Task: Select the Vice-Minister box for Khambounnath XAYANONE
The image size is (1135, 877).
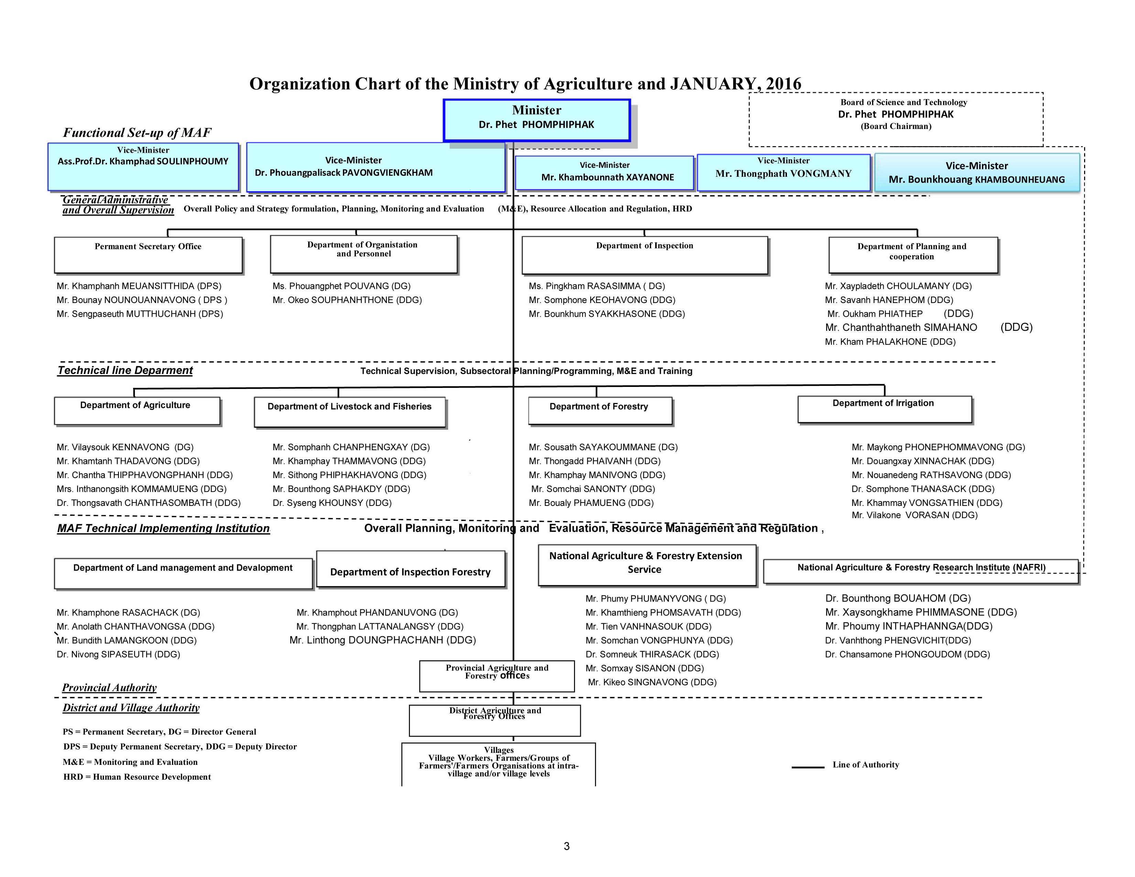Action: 604,173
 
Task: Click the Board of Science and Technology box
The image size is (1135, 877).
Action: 896,119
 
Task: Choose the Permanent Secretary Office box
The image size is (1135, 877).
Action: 148,255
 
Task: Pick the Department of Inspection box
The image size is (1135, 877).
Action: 645,255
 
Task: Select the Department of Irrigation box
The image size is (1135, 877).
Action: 884,409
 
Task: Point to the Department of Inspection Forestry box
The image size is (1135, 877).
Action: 411,570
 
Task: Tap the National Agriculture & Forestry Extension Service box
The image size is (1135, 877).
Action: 647,565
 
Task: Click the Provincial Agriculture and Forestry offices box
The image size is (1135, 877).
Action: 497,675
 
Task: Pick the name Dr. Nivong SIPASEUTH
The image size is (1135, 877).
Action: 119,654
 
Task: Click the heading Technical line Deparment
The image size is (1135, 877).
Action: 125,370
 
